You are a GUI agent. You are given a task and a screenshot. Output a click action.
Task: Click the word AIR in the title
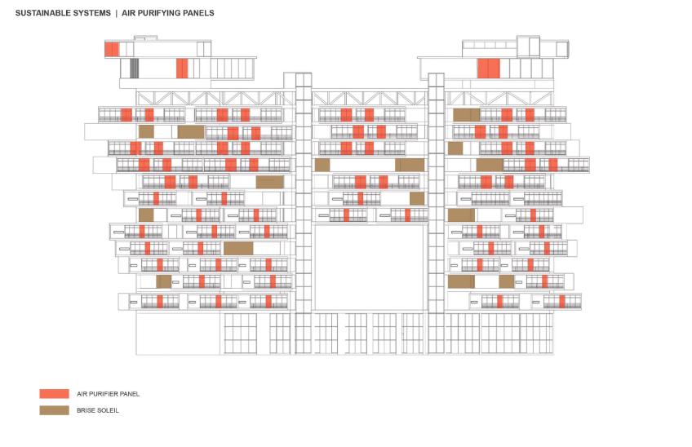pos(128,13)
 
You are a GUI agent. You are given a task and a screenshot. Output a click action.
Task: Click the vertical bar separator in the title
pos(117,13)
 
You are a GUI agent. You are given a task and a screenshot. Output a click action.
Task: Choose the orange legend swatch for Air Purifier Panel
pos(55,394)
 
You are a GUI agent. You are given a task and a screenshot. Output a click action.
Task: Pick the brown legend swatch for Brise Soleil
pos(55,410)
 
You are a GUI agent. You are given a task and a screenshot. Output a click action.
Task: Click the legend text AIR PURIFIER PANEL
pos(108,394)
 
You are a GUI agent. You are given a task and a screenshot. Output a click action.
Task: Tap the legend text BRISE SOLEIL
pos(98,410)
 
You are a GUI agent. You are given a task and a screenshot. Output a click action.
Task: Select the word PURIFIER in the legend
pos(104,394)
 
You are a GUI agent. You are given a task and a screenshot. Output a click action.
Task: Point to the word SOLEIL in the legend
pos(109,410)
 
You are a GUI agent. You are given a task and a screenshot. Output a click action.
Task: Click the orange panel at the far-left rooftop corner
pos(112,50)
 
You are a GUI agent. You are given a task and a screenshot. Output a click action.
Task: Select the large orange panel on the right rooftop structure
pos(489,69)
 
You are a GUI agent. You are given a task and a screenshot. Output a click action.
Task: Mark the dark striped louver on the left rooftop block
pos(134,69)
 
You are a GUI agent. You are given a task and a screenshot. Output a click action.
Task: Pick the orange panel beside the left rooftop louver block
pos(182,69)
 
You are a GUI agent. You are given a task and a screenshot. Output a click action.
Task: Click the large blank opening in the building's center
pos(369,268)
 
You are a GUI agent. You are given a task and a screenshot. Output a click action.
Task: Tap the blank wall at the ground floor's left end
pos(178,333)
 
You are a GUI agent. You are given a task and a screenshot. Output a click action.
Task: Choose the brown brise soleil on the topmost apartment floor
pos(467,115)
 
